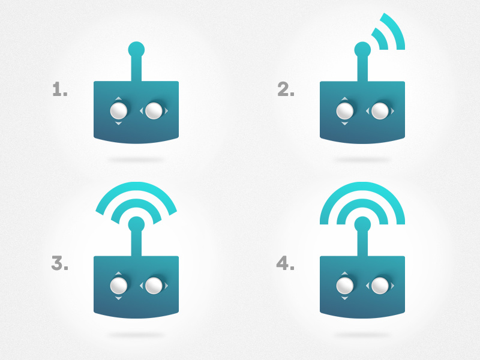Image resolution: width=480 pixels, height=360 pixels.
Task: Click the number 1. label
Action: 60,89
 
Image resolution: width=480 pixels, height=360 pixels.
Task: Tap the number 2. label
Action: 286,89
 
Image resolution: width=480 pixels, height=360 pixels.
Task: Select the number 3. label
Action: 59,263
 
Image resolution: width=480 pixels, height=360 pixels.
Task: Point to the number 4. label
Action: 286,263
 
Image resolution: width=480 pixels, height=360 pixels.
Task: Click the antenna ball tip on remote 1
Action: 136,50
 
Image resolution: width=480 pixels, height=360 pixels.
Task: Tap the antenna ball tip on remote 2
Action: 362,50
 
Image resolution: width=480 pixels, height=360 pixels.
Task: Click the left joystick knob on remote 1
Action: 119,110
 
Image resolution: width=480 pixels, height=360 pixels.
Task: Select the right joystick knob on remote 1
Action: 154,110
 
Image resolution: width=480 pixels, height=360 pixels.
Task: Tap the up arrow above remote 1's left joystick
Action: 118,98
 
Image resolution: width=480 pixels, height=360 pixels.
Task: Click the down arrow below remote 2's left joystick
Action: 344,124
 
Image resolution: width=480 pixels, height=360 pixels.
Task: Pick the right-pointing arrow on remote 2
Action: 392,111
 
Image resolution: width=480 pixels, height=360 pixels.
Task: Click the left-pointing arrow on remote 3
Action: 142,286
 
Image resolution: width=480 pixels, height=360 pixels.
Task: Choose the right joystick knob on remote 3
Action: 154,286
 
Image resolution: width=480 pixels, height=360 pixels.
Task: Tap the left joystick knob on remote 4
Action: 344,286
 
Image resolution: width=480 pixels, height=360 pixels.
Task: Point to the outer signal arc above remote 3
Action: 136,187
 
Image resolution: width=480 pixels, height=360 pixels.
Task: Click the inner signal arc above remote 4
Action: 362,203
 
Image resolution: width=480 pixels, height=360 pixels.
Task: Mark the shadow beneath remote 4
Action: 362,335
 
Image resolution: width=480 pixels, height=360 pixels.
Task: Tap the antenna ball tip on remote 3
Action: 136,224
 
